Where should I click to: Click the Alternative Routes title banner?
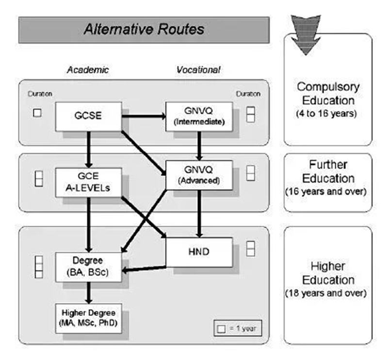pyautogui.click(x=143, y=29)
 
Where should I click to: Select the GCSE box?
pyautogui.click(x=88, y=117)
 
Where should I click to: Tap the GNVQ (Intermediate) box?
pyautogui.click(x=199, y=116)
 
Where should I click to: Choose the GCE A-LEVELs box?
pyautogui.click(x=88, y=183)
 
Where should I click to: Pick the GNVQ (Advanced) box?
pyautogui.click(x=199, y=175)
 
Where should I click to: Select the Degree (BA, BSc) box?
pyautogui.click(x=88, y=266)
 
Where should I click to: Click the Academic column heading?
pyautogui.click(x=88, y=70)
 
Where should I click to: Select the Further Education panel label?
pyautogui.click(x=328, y=178)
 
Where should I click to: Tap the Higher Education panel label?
pyautogui.click(x=328, y=280)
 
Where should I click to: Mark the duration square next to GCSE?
pyautogui.click(x=37, y=113)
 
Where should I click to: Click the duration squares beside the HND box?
pyautogui.click(x=250, y=249)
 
